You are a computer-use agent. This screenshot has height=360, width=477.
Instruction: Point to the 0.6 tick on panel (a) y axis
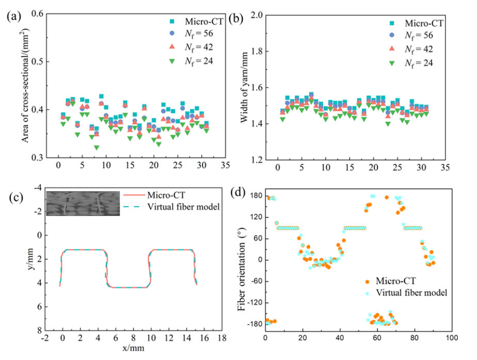point(37,14)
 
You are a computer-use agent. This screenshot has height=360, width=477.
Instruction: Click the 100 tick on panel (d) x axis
point(451,338)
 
